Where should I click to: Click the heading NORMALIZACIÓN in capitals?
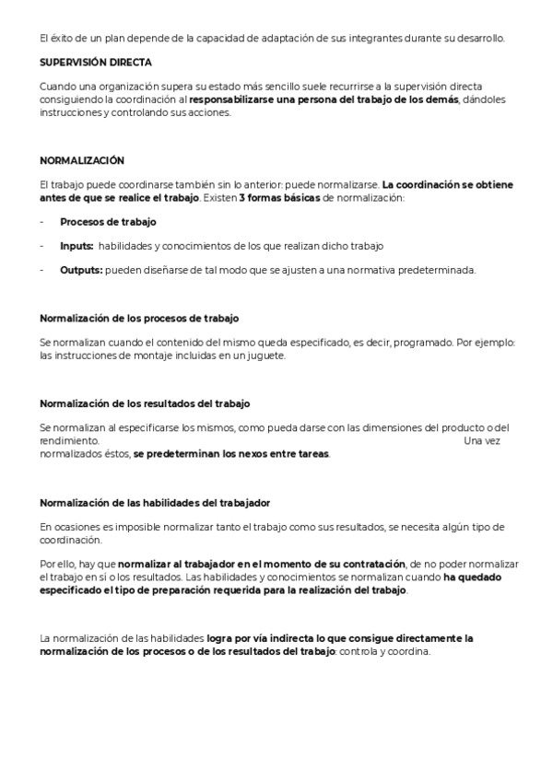[x=82, y=160]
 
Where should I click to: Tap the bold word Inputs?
[x=76, y=246]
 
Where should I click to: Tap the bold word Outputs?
[x=81, y=270]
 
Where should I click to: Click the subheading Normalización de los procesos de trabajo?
[x=138, y=319]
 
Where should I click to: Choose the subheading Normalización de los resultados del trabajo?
[x=145, y=403]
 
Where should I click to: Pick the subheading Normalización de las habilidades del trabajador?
[x=155, y=502]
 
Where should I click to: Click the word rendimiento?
[x=68, y=441]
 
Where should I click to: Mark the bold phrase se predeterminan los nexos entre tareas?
[x=231, y=454]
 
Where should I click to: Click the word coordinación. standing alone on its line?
[x=70, y=540]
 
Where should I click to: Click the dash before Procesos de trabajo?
[x=42, y=222]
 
